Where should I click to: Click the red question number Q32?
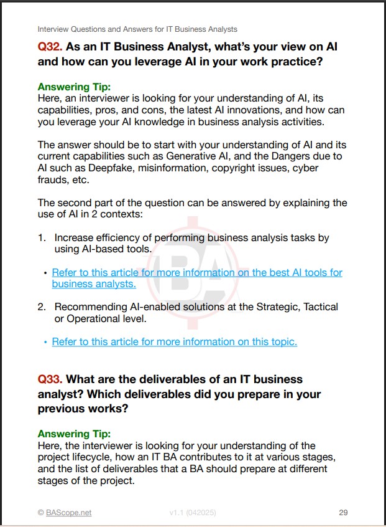[x=50, y=47]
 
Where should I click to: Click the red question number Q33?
[x=50, y=379]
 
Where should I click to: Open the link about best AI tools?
[x=196, y=273]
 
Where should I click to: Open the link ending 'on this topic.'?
[x=174, y=341]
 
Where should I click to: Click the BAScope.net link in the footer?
[x=68, y=513]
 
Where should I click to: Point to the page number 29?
[x=343, y=513]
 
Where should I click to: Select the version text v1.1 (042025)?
[x=193, y=513]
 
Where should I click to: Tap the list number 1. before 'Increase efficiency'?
[x=42, y=237]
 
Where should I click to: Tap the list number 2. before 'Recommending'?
[x=42, y=306]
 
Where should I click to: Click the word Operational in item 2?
[x=85, y=318]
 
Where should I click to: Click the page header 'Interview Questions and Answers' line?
[x=137, y=29]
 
